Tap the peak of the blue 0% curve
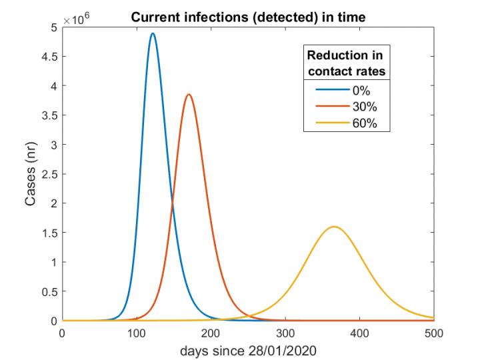[x=153, y=33]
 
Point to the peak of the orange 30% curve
[x=189, y=94]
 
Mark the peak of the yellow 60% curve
[x=334, y=227]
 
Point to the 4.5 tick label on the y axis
[x=49, y=57]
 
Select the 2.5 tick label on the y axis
[x=49, y=174]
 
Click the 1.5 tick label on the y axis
[x=49, y=233]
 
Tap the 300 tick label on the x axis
[x=285, y=333]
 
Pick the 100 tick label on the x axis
[x=137, y=333]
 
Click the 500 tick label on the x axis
[x=434, y=333]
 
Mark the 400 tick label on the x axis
[x=360, y=333]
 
